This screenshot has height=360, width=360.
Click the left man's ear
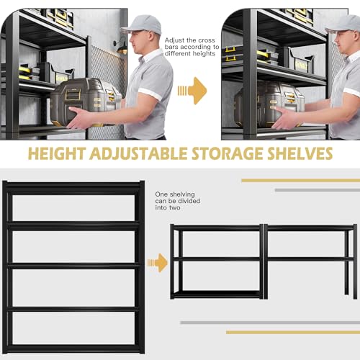(147, 38)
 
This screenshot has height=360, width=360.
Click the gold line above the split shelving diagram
(299, 180)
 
